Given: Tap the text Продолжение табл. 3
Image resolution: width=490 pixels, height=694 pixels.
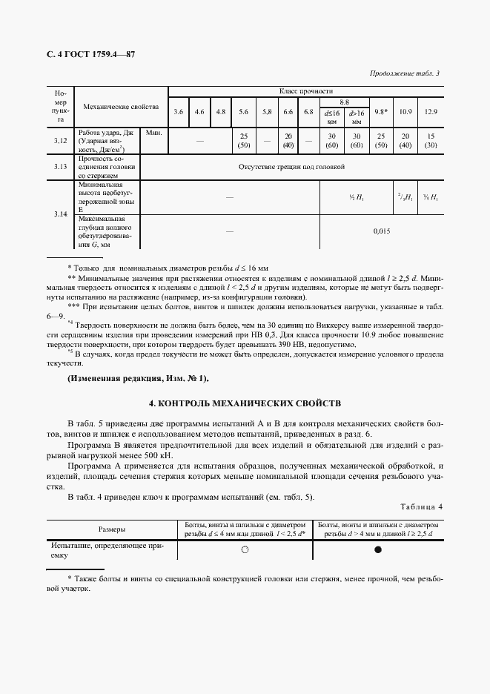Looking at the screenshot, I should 404,73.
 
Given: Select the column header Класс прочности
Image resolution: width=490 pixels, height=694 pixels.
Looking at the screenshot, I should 311,90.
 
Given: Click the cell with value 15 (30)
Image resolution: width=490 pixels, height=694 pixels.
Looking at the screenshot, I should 431,141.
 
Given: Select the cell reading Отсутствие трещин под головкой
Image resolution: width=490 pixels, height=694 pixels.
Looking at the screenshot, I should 291,168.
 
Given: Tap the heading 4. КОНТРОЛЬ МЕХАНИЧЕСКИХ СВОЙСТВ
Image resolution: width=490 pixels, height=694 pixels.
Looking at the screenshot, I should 245,403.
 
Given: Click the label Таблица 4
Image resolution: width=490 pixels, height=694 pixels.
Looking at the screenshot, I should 420,506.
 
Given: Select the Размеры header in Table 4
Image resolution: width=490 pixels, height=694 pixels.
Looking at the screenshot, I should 112,529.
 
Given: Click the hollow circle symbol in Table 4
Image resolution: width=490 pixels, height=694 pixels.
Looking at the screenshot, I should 245,549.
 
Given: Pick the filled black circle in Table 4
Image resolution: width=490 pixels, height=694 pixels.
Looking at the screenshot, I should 378,549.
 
